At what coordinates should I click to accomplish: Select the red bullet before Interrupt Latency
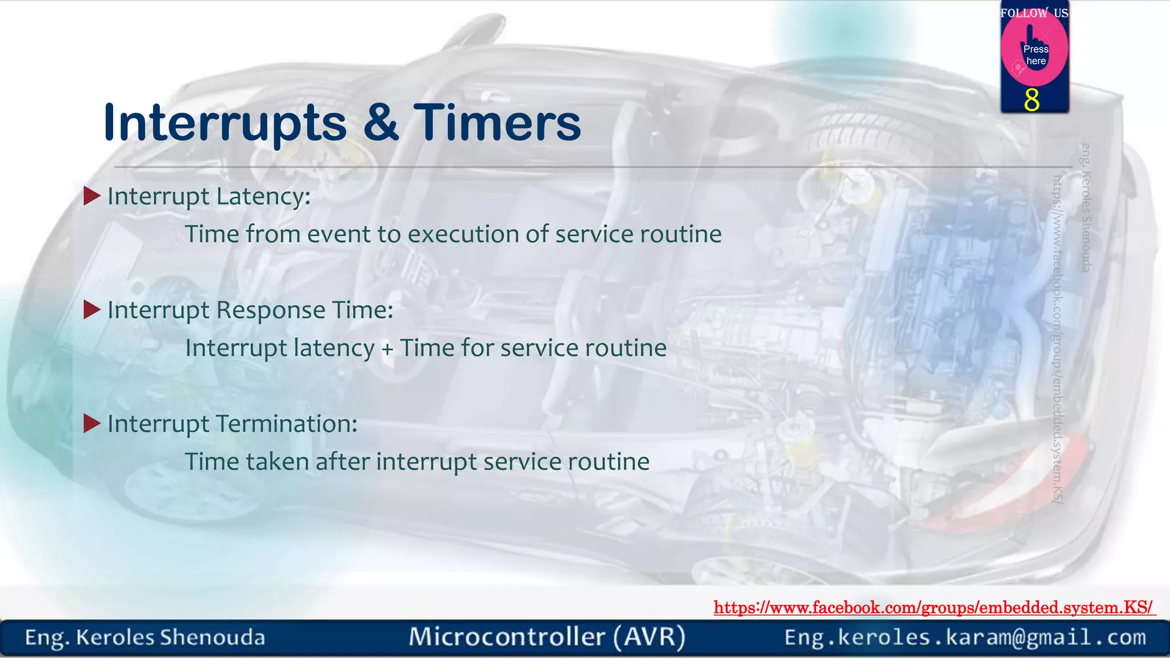click(x=91, y=196)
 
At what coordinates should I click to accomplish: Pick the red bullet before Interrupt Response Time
click(x=91, y=310)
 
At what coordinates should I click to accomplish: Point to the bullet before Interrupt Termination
click(x=91, y=423)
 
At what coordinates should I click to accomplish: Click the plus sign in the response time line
click(x=387, y=348)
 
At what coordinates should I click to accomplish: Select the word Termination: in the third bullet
click(x=287, y=423)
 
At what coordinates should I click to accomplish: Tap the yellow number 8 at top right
click(x=1032, y=100)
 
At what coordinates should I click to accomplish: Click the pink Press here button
click(x=1035, y=53)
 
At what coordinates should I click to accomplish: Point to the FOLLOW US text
click(x=1034, y=13)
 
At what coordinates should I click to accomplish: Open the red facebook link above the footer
click(x=933, y=607)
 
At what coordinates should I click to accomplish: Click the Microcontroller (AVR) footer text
click(x=547, y=637)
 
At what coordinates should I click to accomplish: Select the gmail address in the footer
click(x=965, y=637)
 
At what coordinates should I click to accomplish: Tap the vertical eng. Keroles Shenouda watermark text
click(x=1086, y=208)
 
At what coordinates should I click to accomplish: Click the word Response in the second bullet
click(x=271, y=310)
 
